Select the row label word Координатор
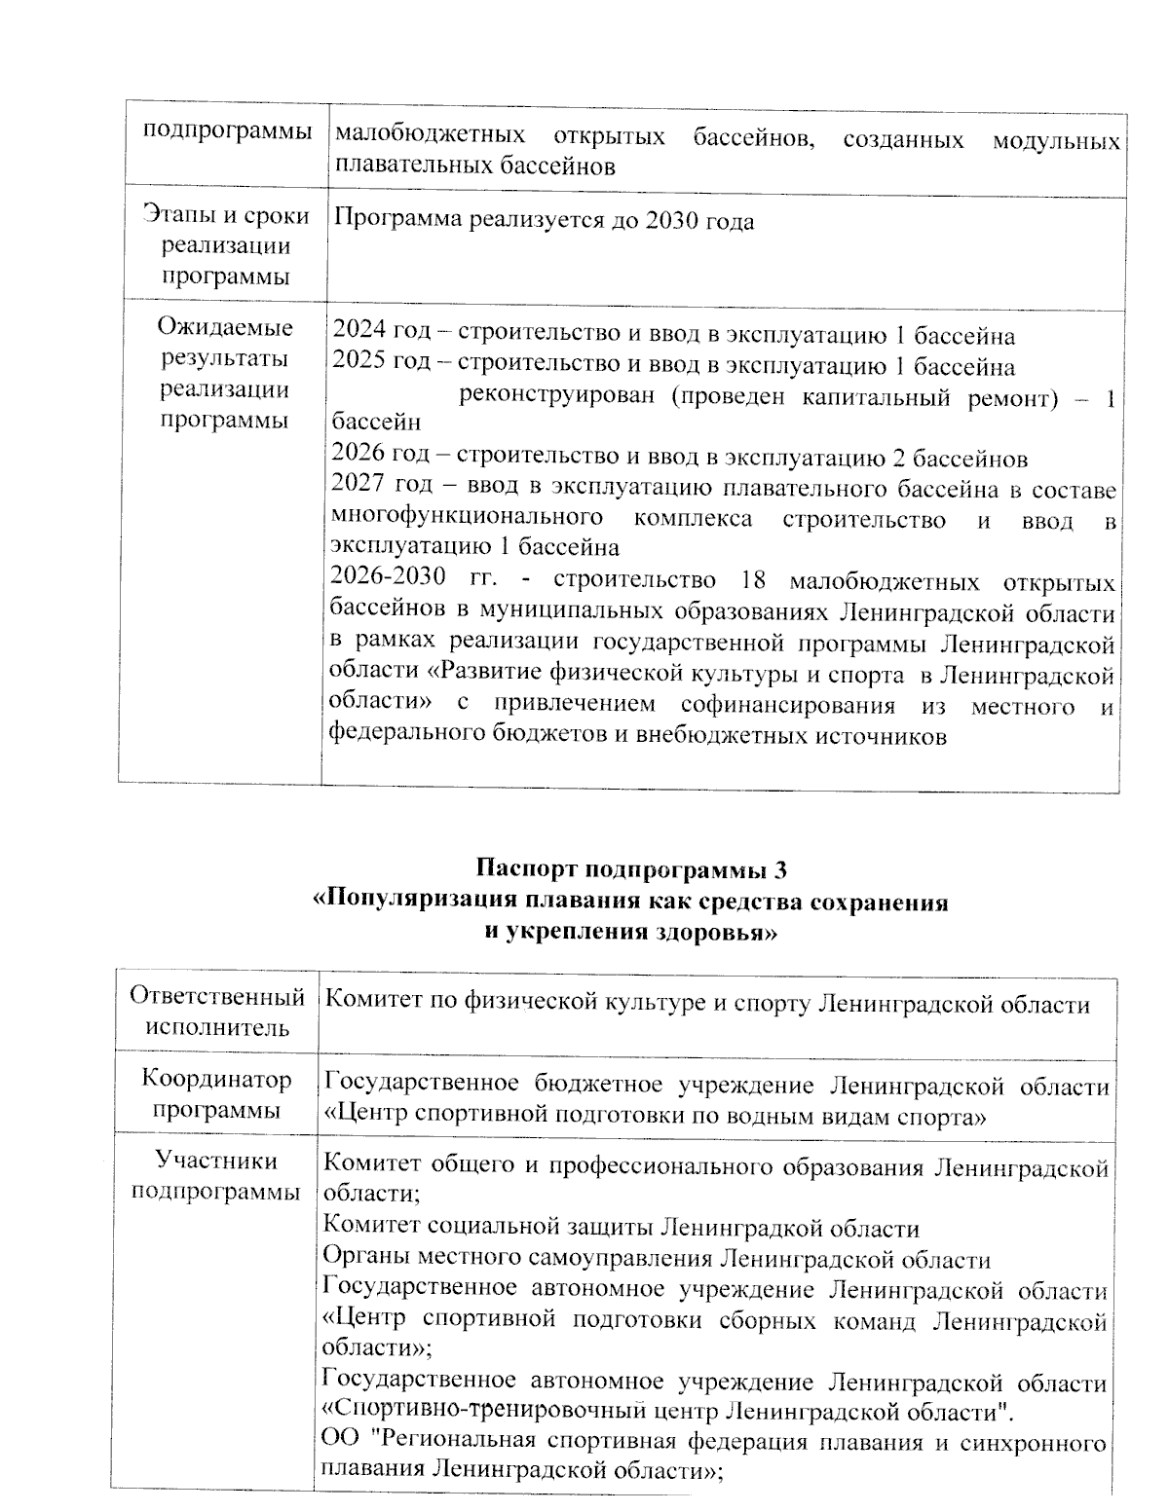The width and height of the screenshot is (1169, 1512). [x=216, y=1079]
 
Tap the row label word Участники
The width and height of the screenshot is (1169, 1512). [x=216, y=1161]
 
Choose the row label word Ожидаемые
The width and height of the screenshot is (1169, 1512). [x=225, y=327]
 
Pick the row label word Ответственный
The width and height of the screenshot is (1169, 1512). [x=216, y=997]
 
